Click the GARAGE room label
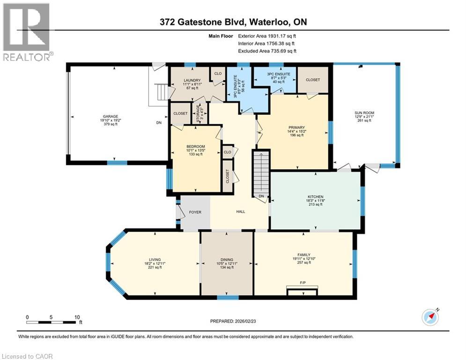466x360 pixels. (x=111, y=116)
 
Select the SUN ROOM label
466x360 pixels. (x=363, y=112)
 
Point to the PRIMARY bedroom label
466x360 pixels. (x=296, y=127)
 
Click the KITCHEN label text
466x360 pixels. (x=316, y=196)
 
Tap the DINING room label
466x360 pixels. (x=227, y=260)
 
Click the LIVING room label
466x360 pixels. (x=155, y=260)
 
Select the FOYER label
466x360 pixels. (x=195, y=212)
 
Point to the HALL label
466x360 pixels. (x=241, y=212)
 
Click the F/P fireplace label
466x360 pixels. (x=303, y=283)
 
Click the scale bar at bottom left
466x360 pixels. (x=52, y=322)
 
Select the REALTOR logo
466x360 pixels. (x=27, y=32)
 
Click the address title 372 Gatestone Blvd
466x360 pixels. (x=233, y=22)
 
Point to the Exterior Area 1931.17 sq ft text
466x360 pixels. (x=267, y=36)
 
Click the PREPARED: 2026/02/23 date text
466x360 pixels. (x=234, y=321)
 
